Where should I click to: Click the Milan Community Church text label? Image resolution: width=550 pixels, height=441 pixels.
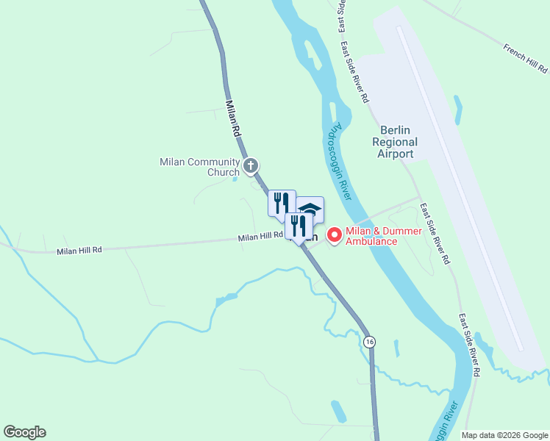200,167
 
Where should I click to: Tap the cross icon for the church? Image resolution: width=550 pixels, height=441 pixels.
251,165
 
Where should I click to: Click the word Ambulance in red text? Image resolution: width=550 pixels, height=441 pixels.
371,242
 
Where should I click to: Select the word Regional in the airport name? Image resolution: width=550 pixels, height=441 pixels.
395,142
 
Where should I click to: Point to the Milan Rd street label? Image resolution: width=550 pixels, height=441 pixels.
233,120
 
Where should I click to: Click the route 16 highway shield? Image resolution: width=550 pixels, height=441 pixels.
369,342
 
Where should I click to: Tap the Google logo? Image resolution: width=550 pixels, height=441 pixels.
24,432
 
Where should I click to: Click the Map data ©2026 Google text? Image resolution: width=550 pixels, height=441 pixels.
504,435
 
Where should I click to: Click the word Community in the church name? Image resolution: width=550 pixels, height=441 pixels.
213,162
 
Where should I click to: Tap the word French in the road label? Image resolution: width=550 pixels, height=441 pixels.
515,52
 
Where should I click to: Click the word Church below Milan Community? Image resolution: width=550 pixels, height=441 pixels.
223,173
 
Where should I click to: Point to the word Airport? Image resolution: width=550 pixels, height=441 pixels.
395,154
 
